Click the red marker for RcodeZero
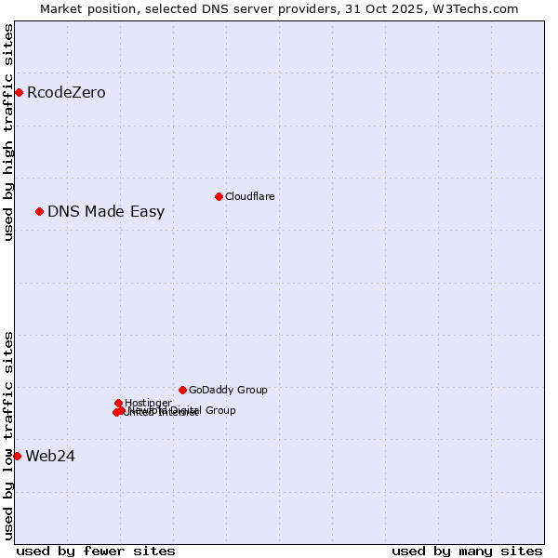click(x=19, y=92)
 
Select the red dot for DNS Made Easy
click(x=39, y=211)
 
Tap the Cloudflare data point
click(x=219, y=196)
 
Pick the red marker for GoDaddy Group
click(x=182, y=390)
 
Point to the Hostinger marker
click(x=118, y=403)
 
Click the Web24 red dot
click(x=17, y=456)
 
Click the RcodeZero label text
click(x=66, y=92)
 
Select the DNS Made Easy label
click(x=106, y=211)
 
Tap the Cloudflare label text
click(x=249, y=196)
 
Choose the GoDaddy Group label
click(x=228, y=390)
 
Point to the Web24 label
click(x=50, y=456)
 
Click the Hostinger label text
click(x=148, y=403)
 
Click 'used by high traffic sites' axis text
click(x=9, y=132)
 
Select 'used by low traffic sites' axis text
click(x=9, y=435)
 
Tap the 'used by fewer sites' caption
click(x=96, y=551)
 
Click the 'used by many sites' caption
click(x=466, y=551)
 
